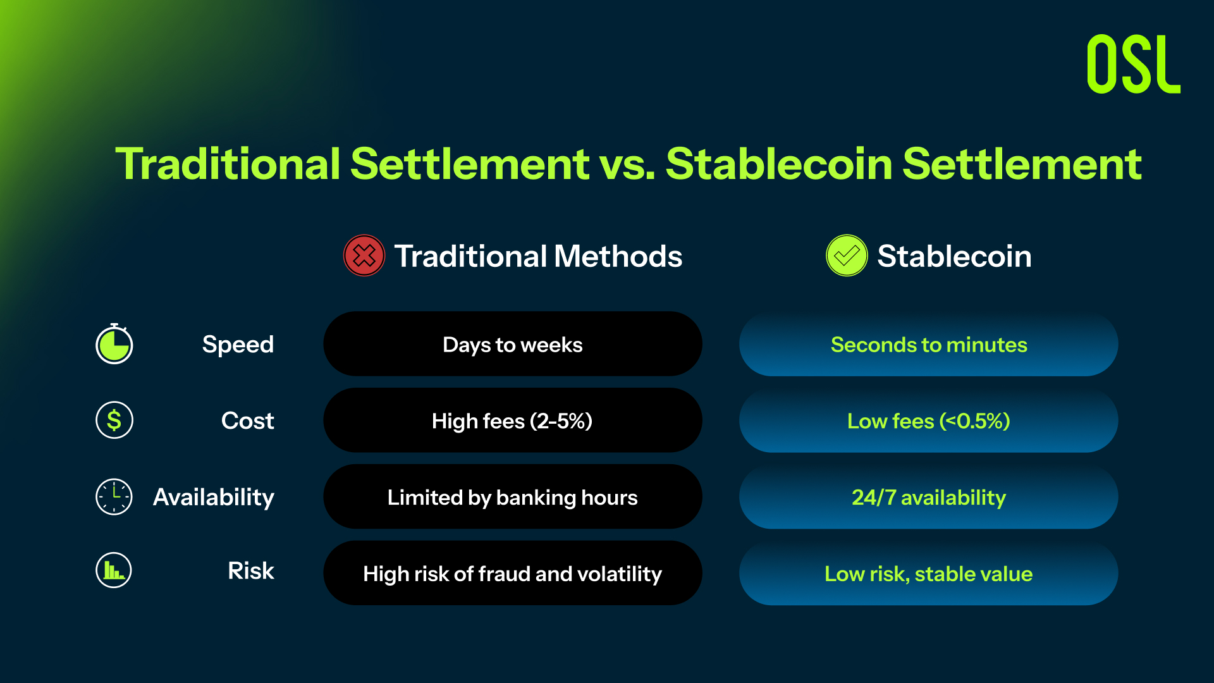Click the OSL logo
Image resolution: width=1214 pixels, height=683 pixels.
coord(1133,64)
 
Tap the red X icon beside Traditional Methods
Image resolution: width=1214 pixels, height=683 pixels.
coord(364,255)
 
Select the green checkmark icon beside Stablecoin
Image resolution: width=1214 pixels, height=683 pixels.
coord(847,255)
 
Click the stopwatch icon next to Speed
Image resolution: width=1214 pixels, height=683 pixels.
coord(114,343)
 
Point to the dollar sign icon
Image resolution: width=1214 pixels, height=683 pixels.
coord(114,420)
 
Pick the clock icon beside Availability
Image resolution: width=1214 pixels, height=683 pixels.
coord(114,496)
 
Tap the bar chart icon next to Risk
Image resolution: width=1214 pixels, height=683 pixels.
coord(114,570)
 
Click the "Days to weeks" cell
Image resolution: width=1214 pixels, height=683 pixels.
coord(513,344)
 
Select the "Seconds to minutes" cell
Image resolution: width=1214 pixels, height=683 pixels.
coord(929,344)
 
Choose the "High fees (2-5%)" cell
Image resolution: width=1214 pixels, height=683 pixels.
coord(513,421)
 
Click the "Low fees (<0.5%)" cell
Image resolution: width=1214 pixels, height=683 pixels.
coord(929,421)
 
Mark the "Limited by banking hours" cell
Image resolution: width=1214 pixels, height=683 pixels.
coord(513,497)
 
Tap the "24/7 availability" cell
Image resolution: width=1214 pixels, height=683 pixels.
coord(929,497)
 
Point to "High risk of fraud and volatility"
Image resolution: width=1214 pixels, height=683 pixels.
coord(513,574)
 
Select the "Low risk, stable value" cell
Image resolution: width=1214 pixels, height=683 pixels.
coord(929,574)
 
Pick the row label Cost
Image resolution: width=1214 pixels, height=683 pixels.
coord(247,421)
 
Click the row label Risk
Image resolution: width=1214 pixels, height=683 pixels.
coord(251,570)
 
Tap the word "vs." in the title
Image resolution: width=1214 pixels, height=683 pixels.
coord(627,164)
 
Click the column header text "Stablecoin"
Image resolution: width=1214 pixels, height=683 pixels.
coord(954,256)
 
